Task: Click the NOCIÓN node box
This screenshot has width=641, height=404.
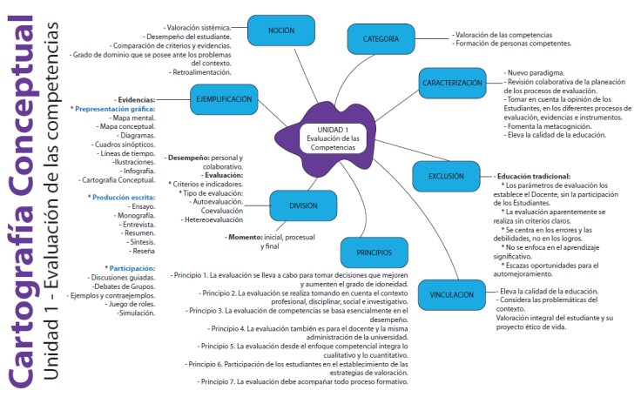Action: (280, 30)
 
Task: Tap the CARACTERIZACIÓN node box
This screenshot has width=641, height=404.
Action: (452, 83)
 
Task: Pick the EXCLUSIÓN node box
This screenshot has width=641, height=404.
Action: (446, 176)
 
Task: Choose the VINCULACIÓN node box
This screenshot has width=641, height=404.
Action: (451, 295)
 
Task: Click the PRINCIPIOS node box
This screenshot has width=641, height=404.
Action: (374, 253)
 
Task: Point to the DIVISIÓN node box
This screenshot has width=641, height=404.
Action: (304, 206)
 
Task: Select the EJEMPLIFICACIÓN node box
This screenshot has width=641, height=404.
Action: (223, 100)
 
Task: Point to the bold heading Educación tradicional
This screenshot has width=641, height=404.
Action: (534, 176)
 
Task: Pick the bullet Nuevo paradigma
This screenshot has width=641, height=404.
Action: (536, 72)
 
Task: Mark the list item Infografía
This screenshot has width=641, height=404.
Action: (134, 172)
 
